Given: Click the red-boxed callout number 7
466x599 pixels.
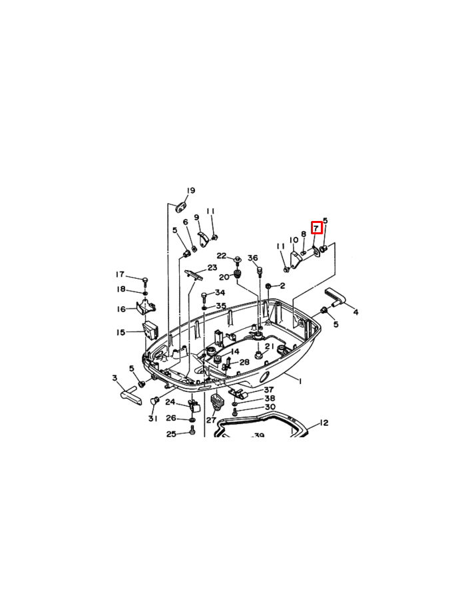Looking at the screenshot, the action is point(316,228).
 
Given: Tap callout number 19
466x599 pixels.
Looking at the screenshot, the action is point(191,190).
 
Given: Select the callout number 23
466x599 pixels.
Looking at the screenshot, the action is point(212,268).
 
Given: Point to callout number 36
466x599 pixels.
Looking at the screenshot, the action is point(253,258).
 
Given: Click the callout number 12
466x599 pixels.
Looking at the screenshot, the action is point(324,423).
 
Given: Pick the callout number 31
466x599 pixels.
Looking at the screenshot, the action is point(153,419).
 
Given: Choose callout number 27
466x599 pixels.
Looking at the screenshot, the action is point(211,420).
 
